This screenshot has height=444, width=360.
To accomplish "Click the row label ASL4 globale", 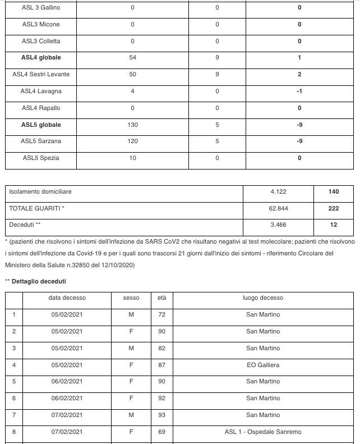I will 41,58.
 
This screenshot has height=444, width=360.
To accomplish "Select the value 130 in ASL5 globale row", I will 132,125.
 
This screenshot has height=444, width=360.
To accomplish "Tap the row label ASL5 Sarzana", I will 41,141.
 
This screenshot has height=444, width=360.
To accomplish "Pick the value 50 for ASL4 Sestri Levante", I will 132,75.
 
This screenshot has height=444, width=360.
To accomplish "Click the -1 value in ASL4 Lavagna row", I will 300,91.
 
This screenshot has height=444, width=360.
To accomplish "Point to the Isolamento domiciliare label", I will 40,192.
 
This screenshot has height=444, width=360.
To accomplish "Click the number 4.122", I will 278,192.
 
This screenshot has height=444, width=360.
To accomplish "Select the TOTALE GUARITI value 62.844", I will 278,208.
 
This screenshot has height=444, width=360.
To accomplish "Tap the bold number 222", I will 334,208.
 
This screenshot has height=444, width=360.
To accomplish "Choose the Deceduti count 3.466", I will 278,225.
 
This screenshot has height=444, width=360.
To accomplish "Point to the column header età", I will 162,298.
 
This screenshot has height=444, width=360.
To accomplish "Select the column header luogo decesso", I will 263,298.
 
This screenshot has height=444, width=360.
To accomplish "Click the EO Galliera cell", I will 263,365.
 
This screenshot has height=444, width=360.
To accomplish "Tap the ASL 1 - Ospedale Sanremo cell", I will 263,432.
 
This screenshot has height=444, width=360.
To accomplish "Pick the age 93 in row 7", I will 162,415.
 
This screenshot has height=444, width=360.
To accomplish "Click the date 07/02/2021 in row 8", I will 67,432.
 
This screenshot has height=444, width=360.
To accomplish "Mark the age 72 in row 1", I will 162,315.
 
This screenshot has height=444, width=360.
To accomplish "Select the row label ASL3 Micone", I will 41,25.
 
